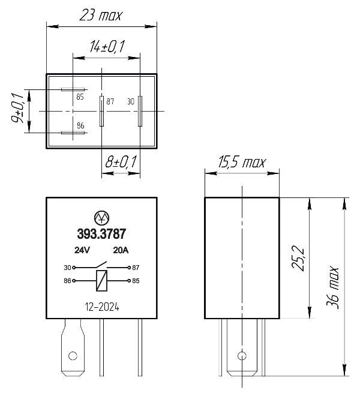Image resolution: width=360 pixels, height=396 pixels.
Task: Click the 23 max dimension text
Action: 101,15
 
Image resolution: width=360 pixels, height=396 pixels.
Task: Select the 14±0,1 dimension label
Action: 107,46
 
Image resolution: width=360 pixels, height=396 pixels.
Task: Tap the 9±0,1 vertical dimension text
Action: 17,108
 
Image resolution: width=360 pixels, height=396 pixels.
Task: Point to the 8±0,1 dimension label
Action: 121,162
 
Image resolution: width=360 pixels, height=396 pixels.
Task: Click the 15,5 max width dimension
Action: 242,162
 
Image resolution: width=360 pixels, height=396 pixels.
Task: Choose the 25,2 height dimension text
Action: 298,258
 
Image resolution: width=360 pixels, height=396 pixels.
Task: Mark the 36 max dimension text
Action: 332,287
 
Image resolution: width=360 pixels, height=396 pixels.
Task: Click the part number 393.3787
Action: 101,234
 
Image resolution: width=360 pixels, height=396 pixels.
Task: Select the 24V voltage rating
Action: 82,250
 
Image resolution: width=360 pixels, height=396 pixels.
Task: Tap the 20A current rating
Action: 121,250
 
